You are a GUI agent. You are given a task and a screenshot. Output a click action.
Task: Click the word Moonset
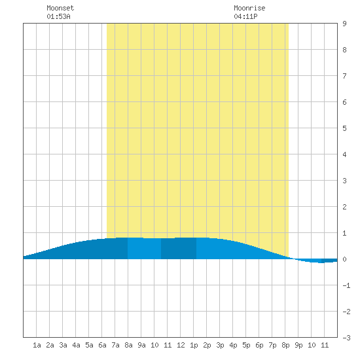coord(60,8)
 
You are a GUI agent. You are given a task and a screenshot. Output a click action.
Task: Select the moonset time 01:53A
coord(58,16)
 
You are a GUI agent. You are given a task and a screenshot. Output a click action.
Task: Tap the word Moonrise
coord(249,8)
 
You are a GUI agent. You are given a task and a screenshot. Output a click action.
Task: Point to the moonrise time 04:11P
coord(245,16)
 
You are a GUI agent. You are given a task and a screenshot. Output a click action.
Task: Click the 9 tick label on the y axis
coord(344,24)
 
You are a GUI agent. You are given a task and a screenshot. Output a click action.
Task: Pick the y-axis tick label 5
coord(344,128)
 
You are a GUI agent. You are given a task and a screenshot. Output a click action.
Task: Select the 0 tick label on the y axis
coord(344,259)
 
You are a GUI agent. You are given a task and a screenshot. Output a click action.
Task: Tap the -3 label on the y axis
coord(346,338)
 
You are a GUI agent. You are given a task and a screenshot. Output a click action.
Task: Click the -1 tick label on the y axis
coord(346,285)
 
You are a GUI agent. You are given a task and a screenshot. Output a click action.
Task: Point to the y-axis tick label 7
coord(344,76)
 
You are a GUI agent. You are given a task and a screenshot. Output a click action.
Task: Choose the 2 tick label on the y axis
coord(344,207)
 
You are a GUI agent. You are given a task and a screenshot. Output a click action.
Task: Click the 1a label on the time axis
coord(37,345)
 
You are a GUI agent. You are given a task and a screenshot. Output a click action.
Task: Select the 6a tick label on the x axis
coord(102,345)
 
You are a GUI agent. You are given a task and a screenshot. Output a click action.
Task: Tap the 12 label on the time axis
coord(181,345)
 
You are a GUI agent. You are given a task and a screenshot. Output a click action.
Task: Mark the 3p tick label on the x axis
coord(220,345)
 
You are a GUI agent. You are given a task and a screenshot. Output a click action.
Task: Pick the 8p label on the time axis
coord(285,345)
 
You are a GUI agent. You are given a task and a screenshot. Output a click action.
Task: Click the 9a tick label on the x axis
coord(141,345)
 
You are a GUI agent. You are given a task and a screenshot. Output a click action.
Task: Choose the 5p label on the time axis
coord(246,345)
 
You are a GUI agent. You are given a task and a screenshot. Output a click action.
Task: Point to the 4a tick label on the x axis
coord(76,345)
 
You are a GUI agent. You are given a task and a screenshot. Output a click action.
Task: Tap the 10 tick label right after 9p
coord(312,345)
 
